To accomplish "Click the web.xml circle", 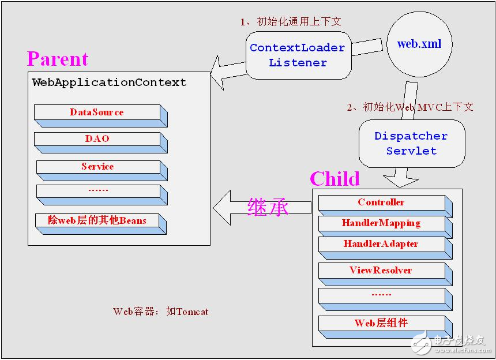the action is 419,44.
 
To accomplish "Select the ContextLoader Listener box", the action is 299,55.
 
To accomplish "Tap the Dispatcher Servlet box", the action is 412,143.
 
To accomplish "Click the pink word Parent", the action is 58,59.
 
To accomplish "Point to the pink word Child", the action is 335,179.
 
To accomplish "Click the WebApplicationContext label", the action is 109,82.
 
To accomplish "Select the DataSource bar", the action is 101,116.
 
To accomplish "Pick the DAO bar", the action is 101,142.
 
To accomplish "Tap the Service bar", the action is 102,171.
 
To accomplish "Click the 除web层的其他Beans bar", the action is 101,224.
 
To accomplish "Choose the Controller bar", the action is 385,205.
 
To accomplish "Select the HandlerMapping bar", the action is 385,227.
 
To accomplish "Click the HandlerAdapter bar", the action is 385,248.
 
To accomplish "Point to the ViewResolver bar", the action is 385,274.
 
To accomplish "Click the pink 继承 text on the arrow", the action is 268,208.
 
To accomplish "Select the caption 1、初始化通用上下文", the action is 291,21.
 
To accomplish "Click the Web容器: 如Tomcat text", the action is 161,312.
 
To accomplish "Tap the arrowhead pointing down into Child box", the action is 400,182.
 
